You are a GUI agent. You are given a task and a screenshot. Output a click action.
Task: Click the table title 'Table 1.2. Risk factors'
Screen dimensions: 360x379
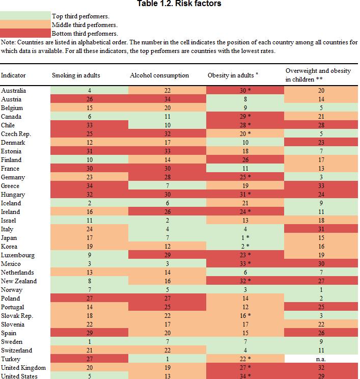point(179,4)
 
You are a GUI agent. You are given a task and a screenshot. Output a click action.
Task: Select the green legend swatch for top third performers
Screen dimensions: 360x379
point(25,16)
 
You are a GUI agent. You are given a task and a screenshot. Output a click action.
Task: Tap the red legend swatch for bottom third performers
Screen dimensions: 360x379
point(25,33)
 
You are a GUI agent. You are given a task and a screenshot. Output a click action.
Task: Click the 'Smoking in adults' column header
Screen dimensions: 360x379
point(76,75)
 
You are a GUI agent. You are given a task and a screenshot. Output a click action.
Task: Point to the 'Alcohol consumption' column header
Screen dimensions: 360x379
point(159,75)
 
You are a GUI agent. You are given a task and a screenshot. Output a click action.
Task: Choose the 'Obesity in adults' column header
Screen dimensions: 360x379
point(233,75)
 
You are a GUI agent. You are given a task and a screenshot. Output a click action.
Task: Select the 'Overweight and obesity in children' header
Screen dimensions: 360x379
point(318,75)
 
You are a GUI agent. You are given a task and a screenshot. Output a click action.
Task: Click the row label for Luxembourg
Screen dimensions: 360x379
point(18,255)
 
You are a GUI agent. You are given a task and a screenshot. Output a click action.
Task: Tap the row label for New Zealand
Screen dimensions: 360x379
point(19,281)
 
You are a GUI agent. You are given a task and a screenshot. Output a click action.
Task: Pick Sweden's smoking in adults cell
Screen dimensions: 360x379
point(90,342)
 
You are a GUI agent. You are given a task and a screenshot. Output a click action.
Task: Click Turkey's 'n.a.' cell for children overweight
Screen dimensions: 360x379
point(321,359)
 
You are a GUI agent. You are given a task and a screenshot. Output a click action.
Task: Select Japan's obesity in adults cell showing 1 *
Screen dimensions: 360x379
point(245,238)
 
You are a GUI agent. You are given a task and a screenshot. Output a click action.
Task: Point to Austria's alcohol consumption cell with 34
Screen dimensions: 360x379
point(167,99)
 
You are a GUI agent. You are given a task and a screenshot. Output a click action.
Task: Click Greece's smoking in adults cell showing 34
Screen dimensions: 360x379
point(90,186)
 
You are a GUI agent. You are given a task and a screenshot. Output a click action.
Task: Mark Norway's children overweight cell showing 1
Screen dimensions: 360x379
point(321,290)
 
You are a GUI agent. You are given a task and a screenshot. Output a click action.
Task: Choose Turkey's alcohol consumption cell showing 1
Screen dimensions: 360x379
point(167,359)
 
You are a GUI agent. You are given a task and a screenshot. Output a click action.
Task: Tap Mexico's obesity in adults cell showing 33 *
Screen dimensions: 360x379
point(245,264)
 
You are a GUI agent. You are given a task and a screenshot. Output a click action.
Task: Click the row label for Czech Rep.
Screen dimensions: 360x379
point(16,134)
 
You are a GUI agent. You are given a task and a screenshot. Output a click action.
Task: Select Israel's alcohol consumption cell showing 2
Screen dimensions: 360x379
point(167,221)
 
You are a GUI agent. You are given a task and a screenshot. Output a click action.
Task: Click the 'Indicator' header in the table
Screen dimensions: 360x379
point(13,75)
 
